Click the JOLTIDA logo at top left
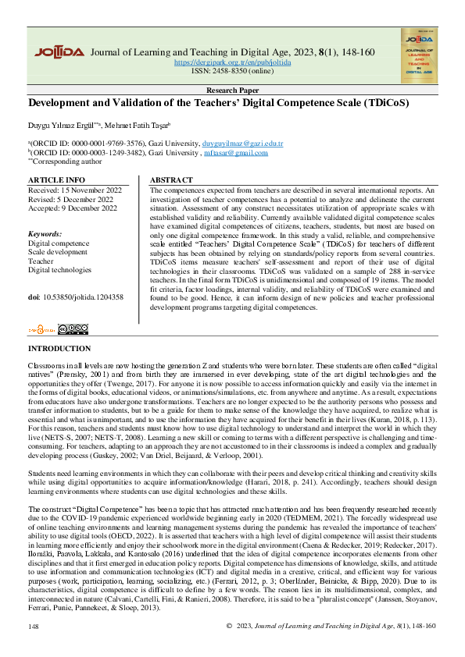(x=59, y=52)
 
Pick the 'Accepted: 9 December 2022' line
(x=72, y=208)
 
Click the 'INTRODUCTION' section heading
(x=59, y=348)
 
